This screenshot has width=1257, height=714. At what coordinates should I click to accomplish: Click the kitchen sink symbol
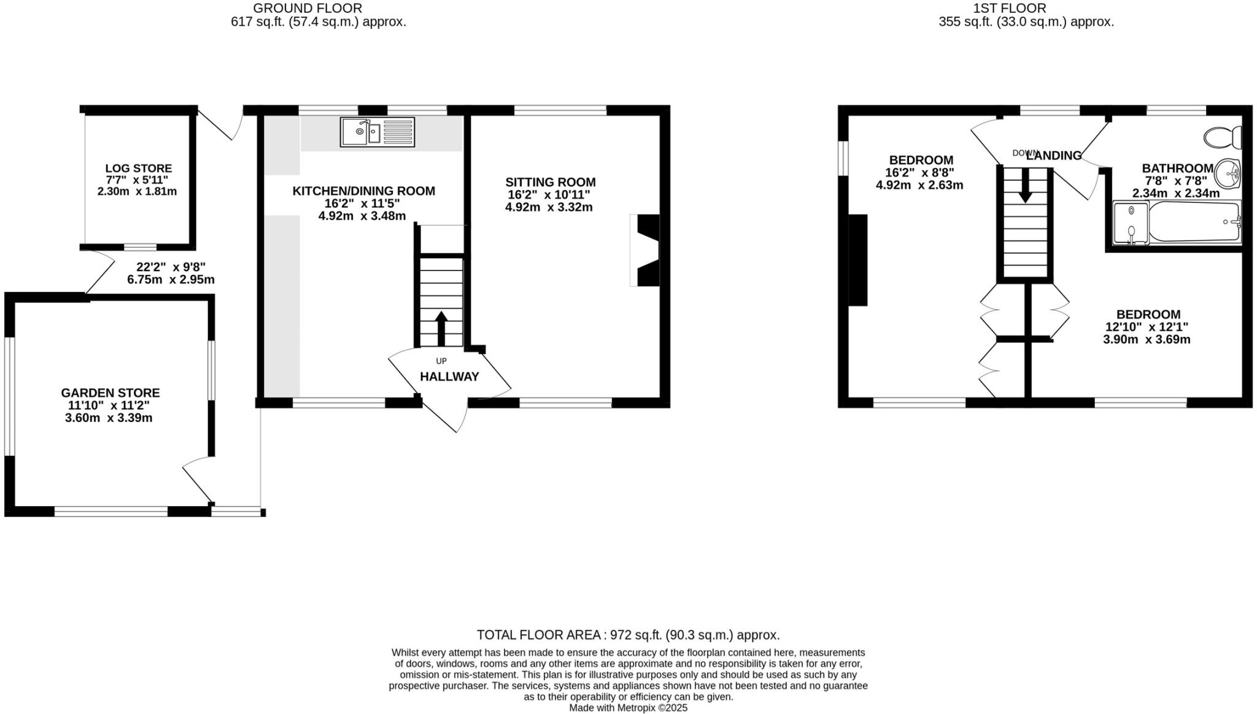[x=377, y=132]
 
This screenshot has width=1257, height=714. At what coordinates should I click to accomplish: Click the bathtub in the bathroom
[x=1194, y=222]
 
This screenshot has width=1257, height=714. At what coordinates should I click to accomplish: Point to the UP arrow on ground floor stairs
[x=441, y=328]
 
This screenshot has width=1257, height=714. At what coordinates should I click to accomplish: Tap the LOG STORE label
[x=138, y=168]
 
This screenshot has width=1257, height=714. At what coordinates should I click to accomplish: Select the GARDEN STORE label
[x=110, y=393]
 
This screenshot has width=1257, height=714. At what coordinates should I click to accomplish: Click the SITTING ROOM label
[x=550, y=182]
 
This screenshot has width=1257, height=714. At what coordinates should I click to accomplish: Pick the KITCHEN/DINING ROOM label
[x=363, y=191]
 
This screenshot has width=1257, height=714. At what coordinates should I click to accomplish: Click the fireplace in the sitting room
[x=646, y=250]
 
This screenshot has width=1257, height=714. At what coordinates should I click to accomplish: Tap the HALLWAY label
[x=449, y=377]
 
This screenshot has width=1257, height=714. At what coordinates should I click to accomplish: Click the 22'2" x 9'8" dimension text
[x=171, y=267]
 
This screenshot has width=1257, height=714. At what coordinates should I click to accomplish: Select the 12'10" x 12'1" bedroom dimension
[x=1147, y=327]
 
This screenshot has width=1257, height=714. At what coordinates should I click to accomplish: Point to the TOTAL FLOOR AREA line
[x=628, y=635]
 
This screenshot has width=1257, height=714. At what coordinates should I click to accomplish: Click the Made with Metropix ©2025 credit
[x=628, y=708]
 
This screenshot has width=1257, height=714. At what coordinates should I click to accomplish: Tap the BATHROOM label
[x=1177, y=168]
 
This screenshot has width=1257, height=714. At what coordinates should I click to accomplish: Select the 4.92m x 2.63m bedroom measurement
[x=919, y=185]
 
